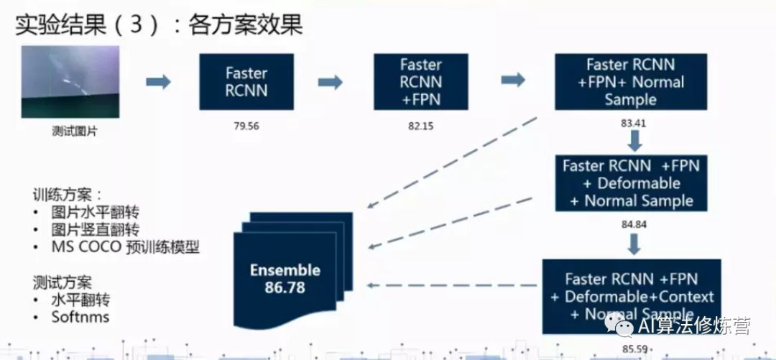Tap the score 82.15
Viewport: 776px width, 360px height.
coord(422,126)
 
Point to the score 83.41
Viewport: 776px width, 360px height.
coord(633,122)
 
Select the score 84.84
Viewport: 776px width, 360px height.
coord(633,224)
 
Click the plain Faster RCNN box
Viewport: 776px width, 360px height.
coord(246,81)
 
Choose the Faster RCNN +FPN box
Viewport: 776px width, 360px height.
coord(422,81)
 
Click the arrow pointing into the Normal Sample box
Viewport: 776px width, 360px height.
coord(512,81)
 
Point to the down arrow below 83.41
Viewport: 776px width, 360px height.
coord(633,139)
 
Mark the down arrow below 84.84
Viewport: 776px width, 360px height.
coord(633,244)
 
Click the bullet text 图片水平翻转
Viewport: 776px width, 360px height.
coord(95,212)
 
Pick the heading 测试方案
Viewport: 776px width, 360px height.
coord(63,281)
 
